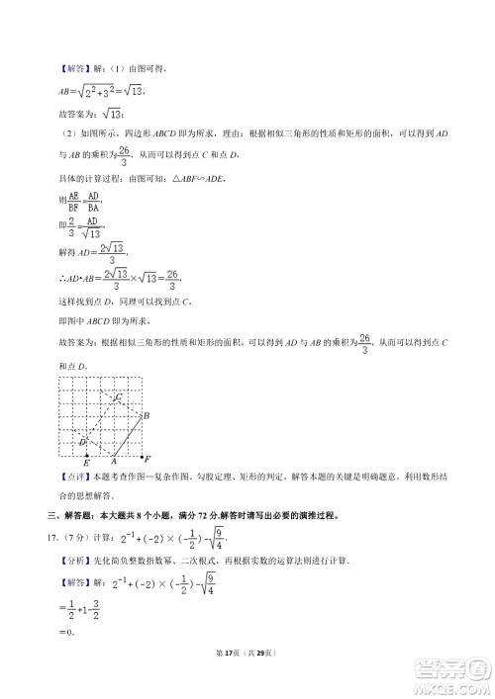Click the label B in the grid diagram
[146, 416]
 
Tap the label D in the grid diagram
[83, 441]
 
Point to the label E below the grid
[86, 463]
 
